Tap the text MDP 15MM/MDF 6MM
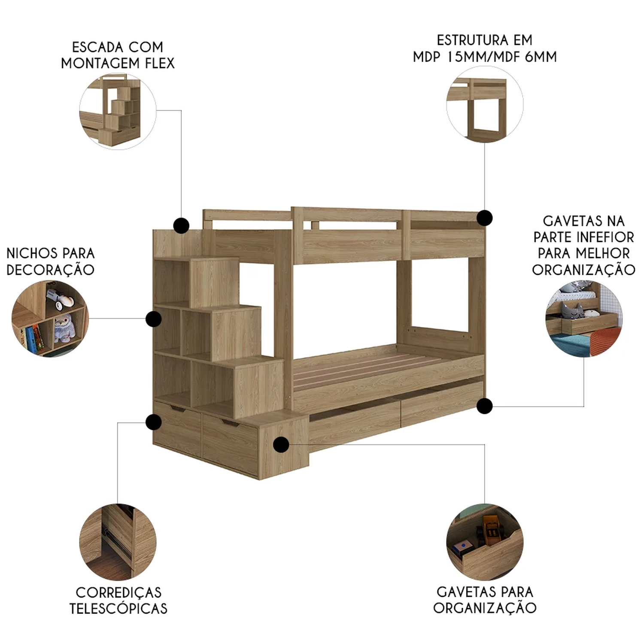pyautogui.click(x=485, y=57)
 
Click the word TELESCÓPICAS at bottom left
pyautogui.click(x=118, y=608)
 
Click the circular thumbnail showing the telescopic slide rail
pyautogui.click(x=118, y=542)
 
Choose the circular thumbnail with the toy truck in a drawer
pyautogui.click(x=485, y=542)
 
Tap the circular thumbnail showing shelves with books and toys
pyautogui.click(x=50, y=319)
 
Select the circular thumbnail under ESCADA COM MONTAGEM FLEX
pyautogui.click(x=118, y=111)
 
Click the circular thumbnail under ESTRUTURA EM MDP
pyautogui.click(x=485, y=105)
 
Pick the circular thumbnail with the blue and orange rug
pyautogui.click(x=584, y=319)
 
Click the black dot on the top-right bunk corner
pyautogui.click(x=485, y=218)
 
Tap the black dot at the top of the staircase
pyautogui.click(x=181, y=225)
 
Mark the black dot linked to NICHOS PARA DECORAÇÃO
pyautogui.click(x=153, y=319)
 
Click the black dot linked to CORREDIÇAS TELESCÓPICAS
pyautogui.click(x=153, y=422)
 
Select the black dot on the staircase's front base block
pyautogui.click(x=281, y=444)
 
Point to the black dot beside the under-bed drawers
pyautogui.click(x=485, y=406)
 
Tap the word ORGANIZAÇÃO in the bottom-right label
pyautogui.click(x=485, y=608)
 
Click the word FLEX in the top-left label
pyautogui.click(x=160, y=63)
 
